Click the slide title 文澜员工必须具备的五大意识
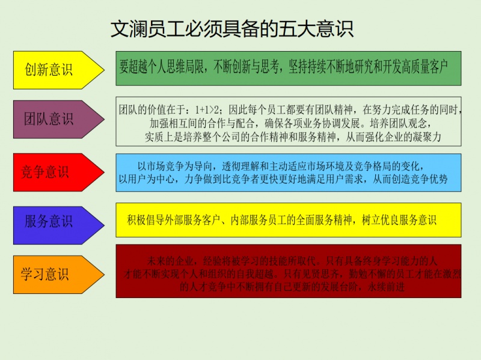(231, 29)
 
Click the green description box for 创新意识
(289, 68)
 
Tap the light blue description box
(289, 172)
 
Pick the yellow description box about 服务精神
(289, 220)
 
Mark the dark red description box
(289, 271)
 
